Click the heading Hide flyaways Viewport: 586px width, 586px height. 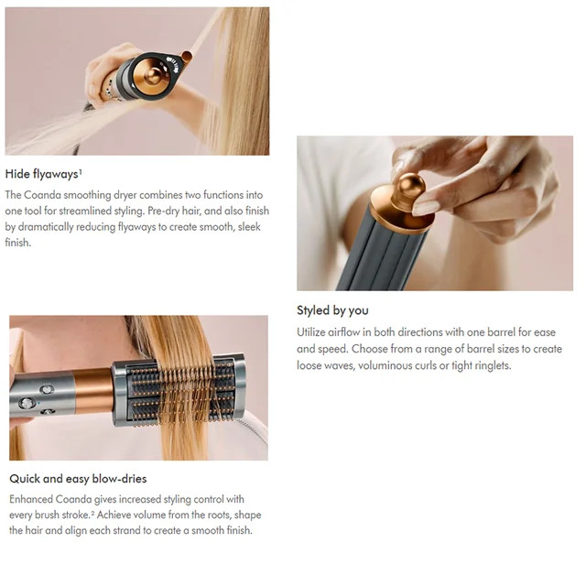[x=41, y=174]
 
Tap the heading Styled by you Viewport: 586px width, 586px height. [x=332, y=310]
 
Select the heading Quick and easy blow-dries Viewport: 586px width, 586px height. [x=78, y=479]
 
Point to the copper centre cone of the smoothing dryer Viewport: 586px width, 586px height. [x=153, y=75]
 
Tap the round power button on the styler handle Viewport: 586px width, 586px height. [x=27, y=403]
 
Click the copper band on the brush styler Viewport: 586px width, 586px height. [x=93, y=391]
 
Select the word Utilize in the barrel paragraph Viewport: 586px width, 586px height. [x=311, y=332]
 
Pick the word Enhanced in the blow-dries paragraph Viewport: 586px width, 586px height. [x=31, y=499]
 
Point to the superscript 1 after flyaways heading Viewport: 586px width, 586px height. [x=81, y=171]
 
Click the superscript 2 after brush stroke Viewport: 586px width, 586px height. [x=92, y=513]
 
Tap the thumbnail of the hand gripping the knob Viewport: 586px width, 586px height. [x=435, y=213]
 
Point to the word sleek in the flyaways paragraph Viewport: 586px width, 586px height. [x=249, y=227]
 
